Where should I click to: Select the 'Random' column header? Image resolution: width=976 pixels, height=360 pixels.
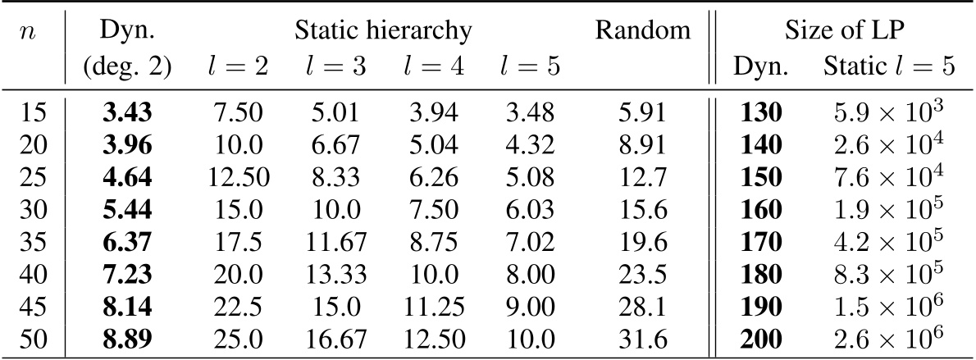(x=643, y=31)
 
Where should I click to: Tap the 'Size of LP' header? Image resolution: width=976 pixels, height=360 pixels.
(x=845, y=31)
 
